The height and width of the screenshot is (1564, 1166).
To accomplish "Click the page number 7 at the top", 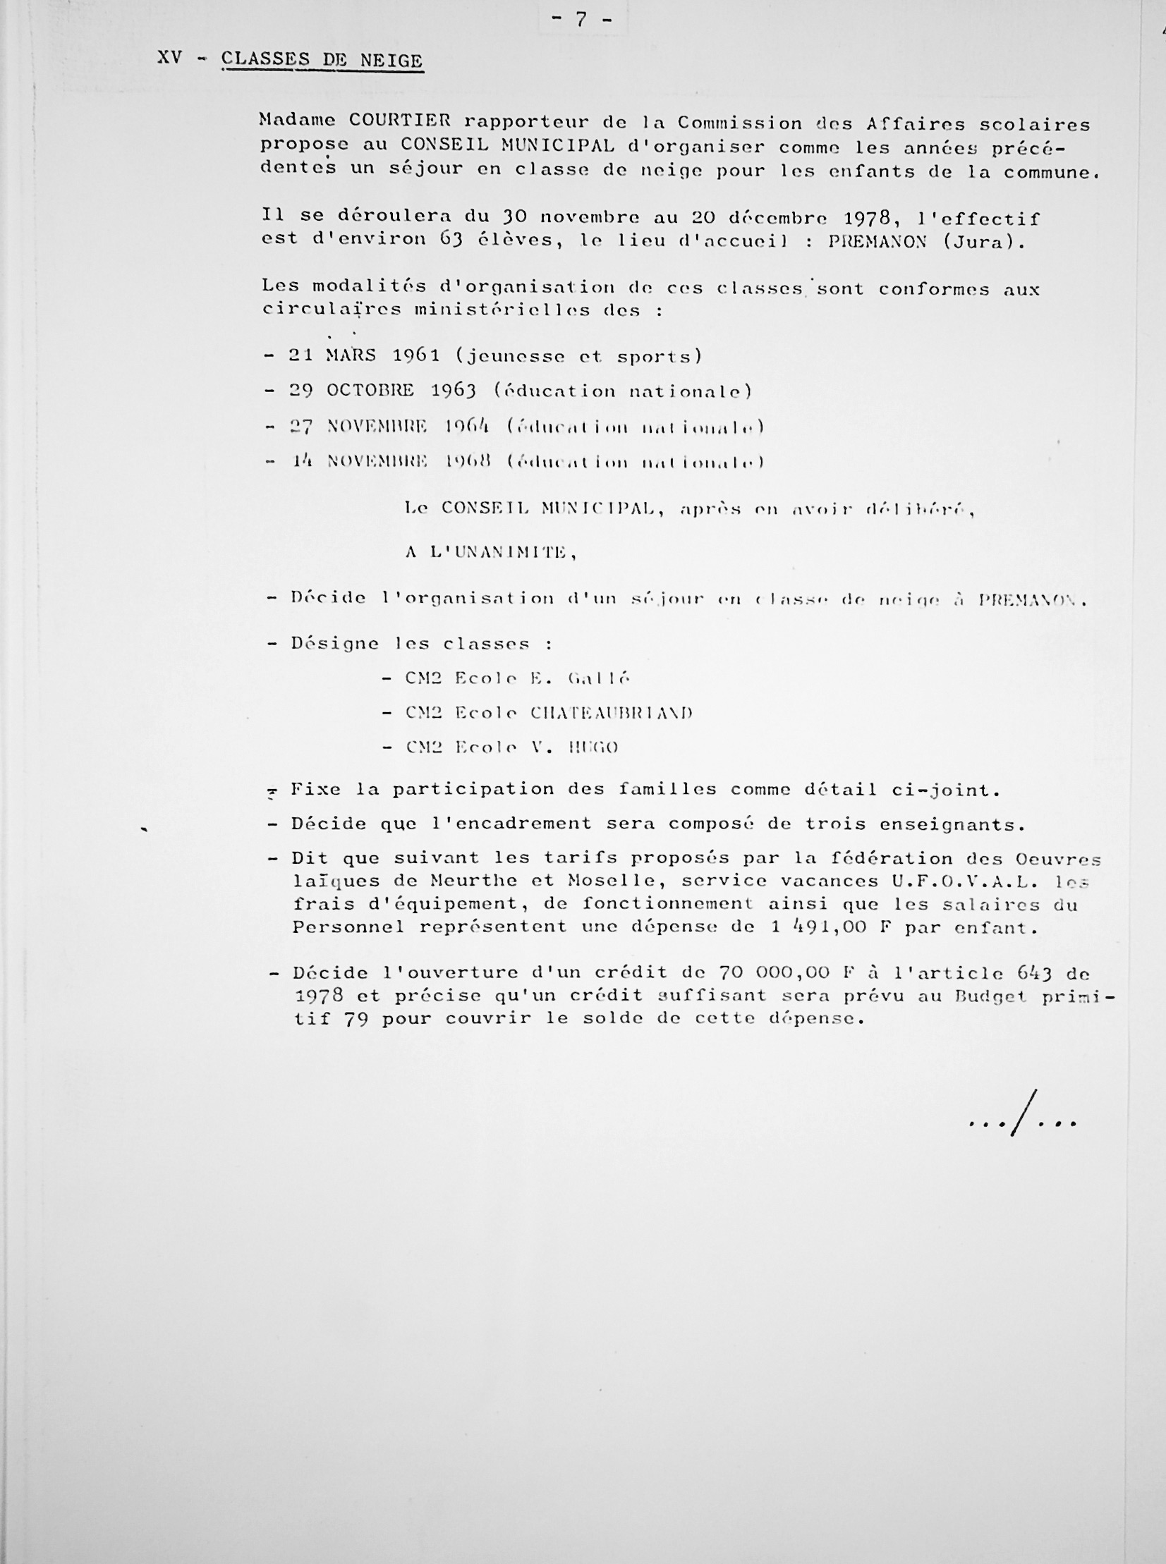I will pos(581,19).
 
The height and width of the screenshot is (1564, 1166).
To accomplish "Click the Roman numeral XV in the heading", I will pos(170,58).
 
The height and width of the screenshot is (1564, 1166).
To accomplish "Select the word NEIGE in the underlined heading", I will pos(391,61).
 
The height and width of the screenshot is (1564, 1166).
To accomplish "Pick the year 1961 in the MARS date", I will pos(416,355).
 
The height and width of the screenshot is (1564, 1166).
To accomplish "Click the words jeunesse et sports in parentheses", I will pos(579,357).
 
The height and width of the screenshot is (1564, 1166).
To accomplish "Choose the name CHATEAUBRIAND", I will pos(612,713).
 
